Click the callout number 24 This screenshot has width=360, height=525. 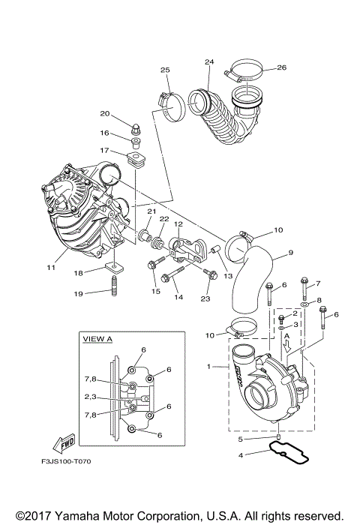click(209, 61)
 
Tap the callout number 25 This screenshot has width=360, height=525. click(164, 70)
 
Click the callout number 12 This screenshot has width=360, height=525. click(178, 223)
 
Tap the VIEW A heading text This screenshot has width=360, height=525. click(98, 339)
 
